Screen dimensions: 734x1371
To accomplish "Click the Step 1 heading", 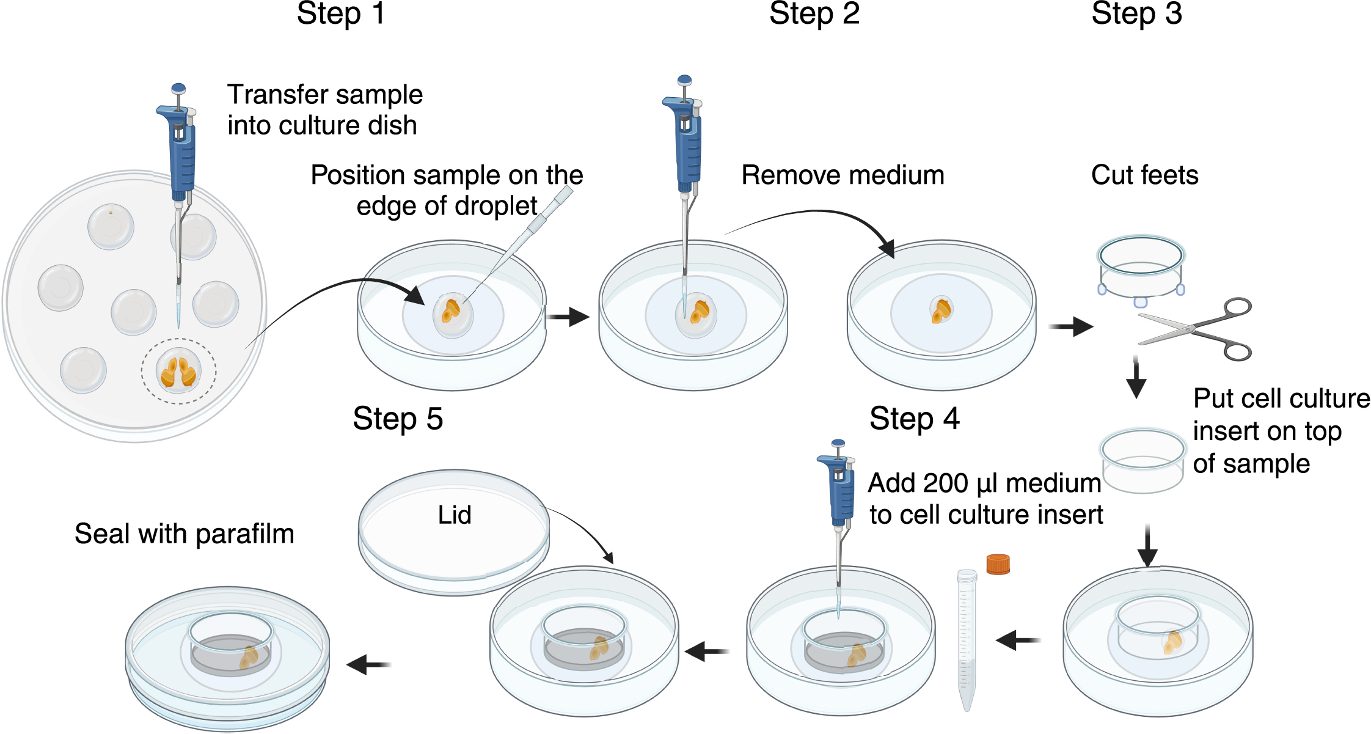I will tap(340, 13).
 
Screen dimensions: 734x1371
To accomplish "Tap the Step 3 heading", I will tap(1136, 13).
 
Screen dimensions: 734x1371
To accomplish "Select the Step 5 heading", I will tap(397, 419).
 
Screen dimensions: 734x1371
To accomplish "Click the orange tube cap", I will tap(998, 563).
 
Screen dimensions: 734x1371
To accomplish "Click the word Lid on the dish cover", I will tap(454, 515).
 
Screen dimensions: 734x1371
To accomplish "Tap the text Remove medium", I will tap(843, 175).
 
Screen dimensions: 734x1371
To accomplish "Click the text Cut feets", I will tap(1144, 175).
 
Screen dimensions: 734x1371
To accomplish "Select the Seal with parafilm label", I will tap(184, 534).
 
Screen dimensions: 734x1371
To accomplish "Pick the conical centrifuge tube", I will tap(966, 639).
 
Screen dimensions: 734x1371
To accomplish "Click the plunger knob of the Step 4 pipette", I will tap(838, 443).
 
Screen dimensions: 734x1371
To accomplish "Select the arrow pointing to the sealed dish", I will tap(368, 664).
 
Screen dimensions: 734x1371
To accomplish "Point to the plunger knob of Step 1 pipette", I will tap(178, 88).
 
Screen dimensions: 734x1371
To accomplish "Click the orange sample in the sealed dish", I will tap(249, 657).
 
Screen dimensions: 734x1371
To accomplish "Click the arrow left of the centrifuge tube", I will tap(1017, 640).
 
